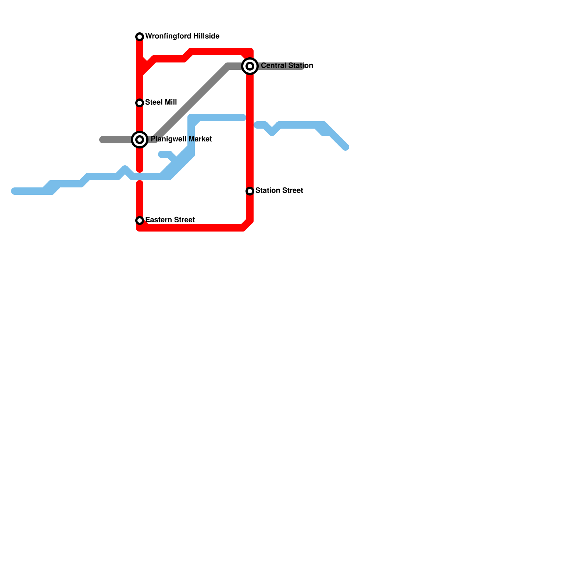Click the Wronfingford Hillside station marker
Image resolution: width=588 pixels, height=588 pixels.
[x=140, y=37]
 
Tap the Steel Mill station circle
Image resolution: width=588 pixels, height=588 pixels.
[x=140, y=103]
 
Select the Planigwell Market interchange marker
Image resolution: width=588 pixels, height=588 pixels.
[x=140, y=140]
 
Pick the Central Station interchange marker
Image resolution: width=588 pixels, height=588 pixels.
[x=250, y=66]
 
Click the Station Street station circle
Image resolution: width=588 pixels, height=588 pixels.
[x=250, y=191]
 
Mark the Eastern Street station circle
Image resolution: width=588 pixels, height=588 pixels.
[x=140, y=220]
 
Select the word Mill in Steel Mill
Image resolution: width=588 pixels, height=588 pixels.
[x=171, y=103]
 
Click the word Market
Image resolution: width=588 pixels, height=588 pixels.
[x=200, y=139]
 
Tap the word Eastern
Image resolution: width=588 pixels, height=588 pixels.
[x=157, y=220]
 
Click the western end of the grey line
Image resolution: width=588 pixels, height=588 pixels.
[x=102, y=140]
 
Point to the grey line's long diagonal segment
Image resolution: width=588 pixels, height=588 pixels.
[x=191, y=103]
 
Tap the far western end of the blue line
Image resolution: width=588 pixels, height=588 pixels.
[x=14, y=191]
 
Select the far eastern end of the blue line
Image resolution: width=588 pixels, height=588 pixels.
[x=346, y=148]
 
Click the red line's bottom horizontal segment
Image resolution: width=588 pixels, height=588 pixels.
[x=191, y=228]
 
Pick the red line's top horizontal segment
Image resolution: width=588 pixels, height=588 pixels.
[x=220, y=51]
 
